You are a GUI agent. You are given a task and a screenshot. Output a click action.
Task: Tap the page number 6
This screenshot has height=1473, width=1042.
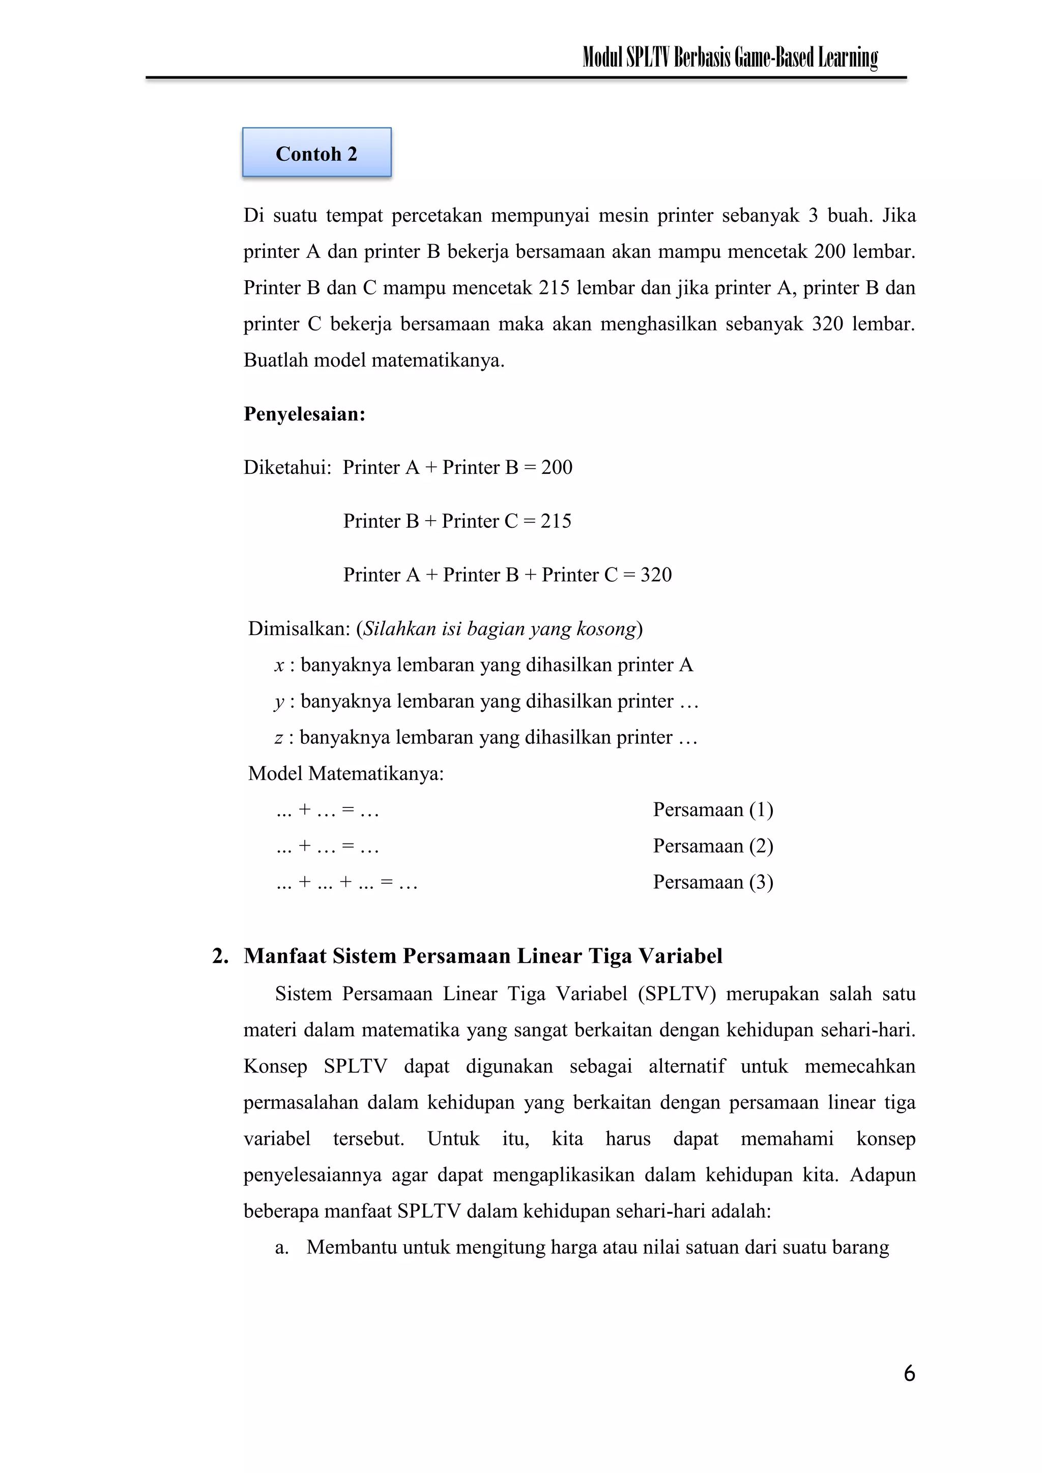(x=909, y=1373)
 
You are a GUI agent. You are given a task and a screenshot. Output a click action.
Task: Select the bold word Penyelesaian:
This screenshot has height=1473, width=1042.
(x=304, y=414)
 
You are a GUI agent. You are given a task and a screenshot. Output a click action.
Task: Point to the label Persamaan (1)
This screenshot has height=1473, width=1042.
(x=713, y=809)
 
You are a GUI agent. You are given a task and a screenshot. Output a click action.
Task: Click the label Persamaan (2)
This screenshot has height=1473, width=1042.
(x=713, y=846)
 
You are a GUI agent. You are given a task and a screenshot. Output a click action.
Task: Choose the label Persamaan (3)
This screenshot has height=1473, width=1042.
(x=713, y=882)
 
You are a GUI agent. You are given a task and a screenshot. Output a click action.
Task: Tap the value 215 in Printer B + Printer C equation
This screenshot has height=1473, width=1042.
(x=556, y=521)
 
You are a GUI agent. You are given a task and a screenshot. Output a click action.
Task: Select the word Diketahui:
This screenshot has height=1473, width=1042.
(x=287, y=467)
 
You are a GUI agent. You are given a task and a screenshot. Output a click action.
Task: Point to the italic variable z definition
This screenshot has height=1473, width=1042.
(x=279, y=738)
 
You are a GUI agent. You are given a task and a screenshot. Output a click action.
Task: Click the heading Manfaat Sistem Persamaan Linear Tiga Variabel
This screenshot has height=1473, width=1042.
(x=483, y=955)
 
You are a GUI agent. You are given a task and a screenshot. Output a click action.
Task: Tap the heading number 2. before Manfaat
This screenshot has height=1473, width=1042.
(x=220, y=955)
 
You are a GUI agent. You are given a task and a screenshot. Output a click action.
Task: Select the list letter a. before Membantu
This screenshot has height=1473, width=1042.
(x=281, y=1247)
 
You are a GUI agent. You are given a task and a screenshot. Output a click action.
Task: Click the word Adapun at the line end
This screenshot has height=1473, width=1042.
(x=882, y=1175)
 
